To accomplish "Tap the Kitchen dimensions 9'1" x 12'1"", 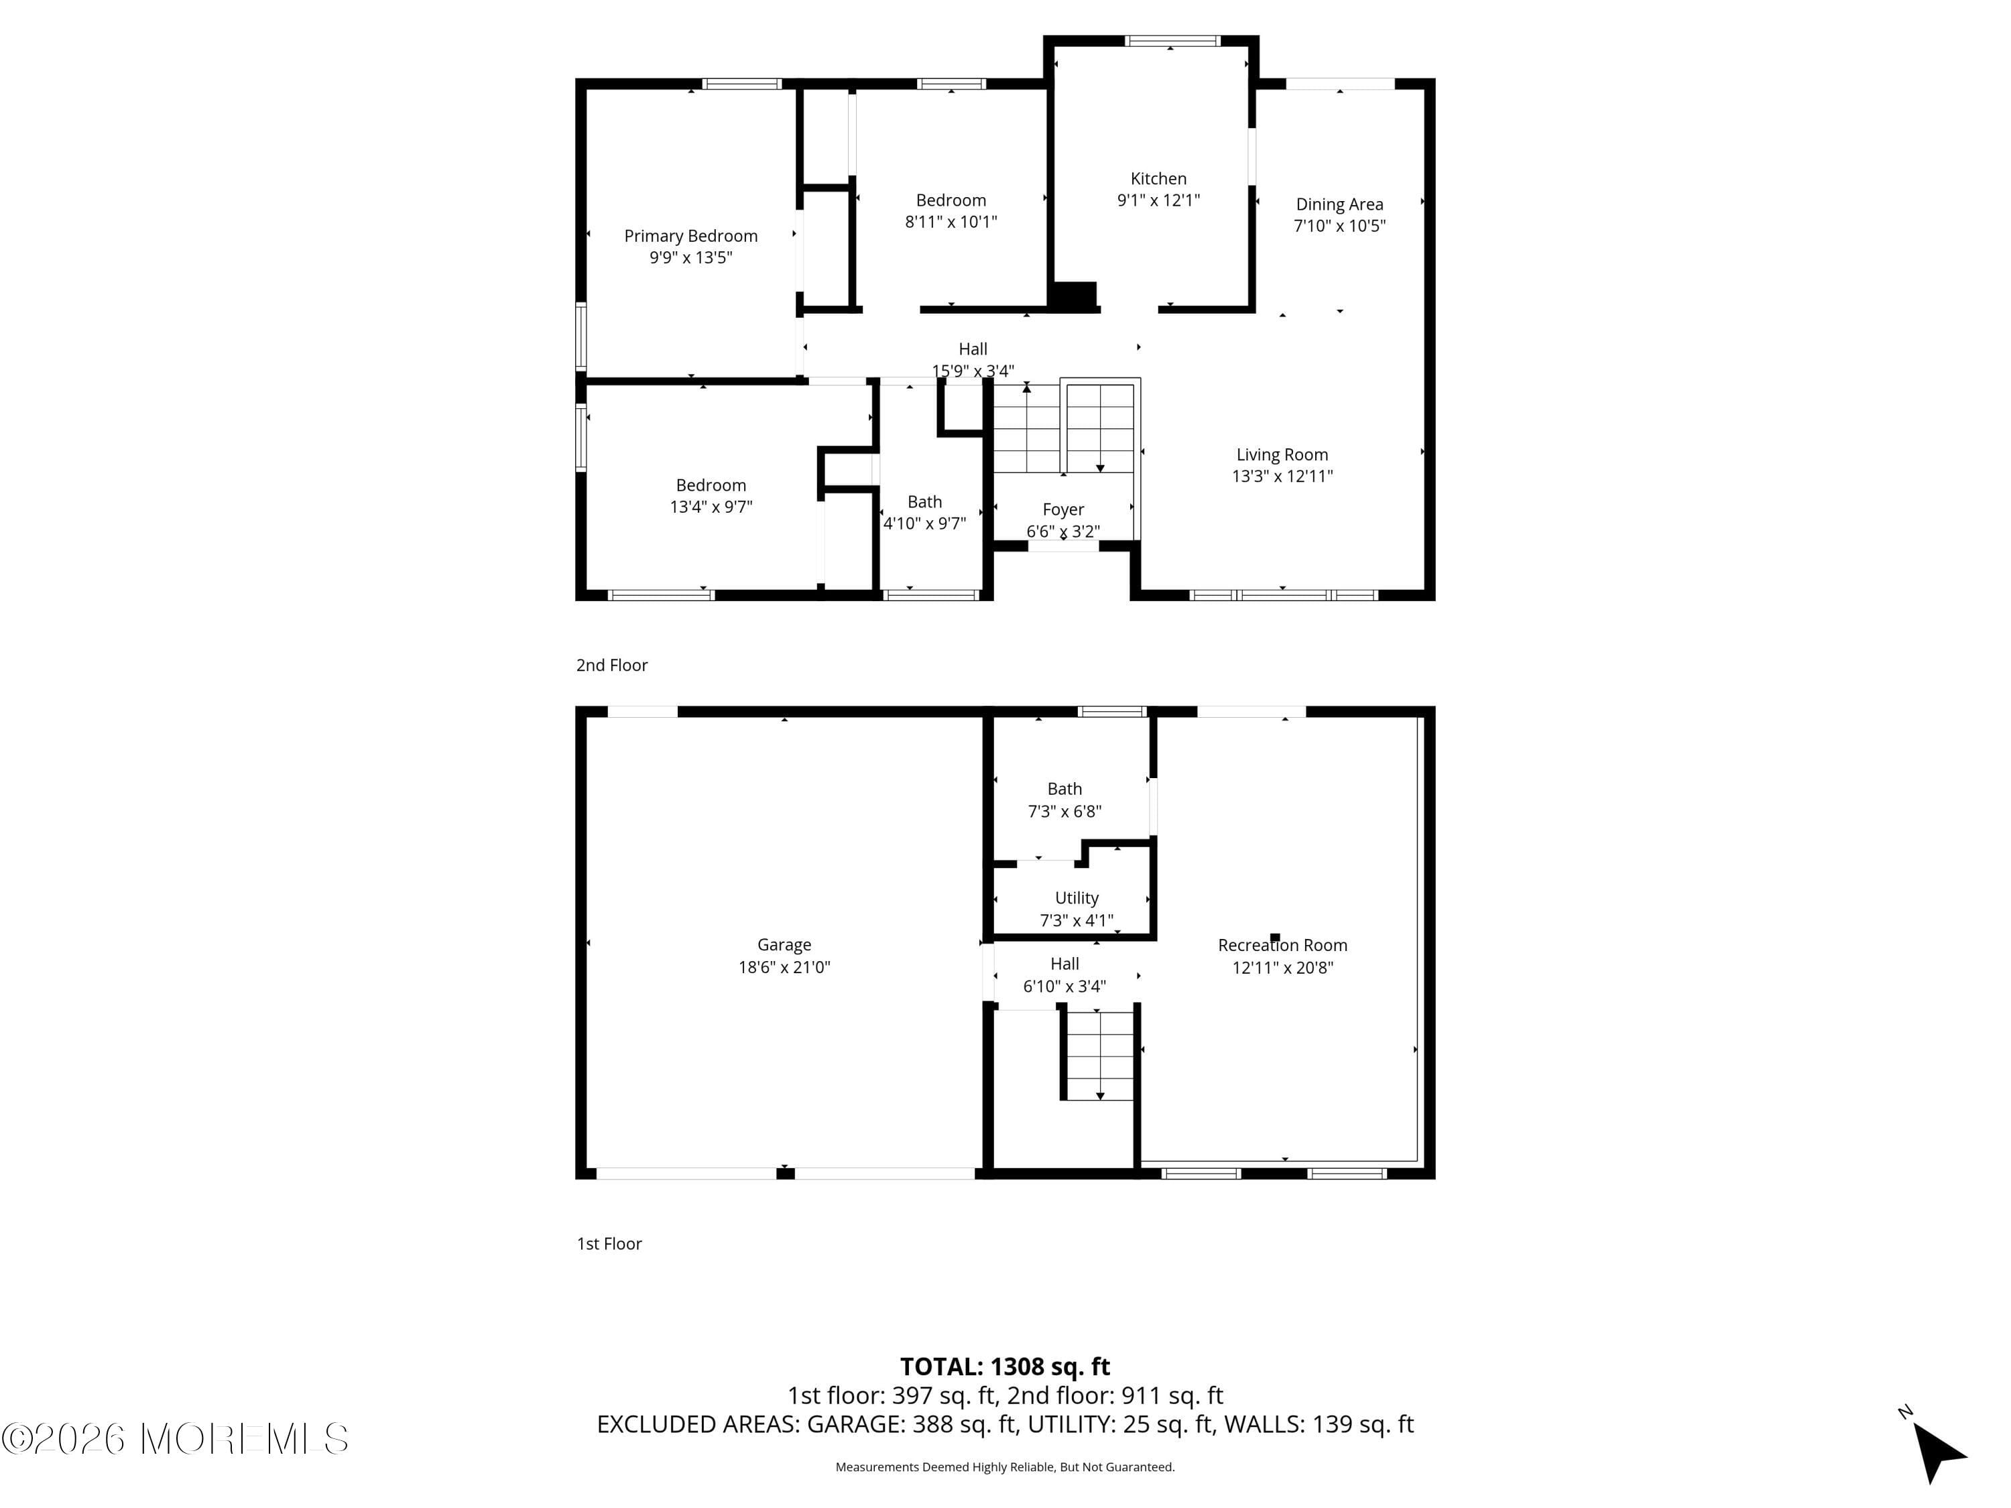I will [x=1158, y=200].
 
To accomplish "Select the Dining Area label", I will [x=1339, y=204].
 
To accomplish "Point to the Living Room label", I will [x=1282, y=454].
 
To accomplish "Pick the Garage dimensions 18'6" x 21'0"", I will [x=784, y=967].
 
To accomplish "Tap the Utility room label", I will [x=1077, y=898].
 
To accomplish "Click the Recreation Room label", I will [x=1282, y=945].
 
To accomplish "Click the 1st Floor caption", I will [x=609, y=1243].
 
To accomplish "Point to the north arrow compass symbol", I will [x=1939, y=1452].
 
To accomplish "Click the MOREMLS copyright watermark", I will [x=174, y=1439].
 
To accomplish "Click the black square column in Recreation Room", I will [x=1274, y=937].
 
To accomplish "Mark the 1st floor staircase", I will [x=1099, y=1054].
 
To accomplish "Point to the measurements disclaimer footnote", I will [x=1005, y=1466].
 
